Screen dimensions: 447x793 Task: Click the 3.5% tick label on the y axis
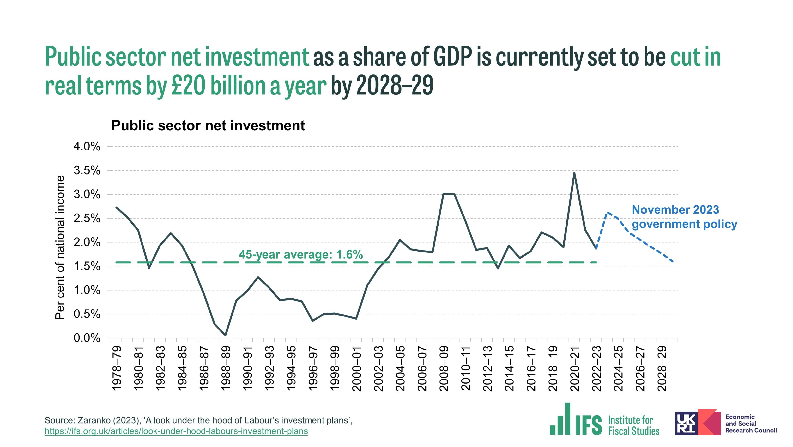point(87,170)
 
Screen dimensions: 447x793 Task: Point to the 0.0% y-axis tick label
point(87,338)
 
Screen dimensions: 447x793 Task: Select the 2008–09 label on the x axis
point(444,368)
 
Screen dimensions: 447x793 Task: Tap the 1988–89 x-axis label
point(226,368)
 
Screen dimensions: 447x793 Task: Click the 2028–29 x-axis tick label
point(662,368)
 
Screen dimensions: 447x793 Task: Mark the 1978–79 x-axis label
point(117,368)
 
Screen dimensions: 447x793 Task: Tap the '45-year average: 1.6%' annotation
point(301,254)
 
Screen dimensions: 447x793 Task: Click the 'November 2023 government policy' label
point(684,217)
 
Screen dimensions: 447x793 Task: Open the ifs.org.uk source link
point(176,431)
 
